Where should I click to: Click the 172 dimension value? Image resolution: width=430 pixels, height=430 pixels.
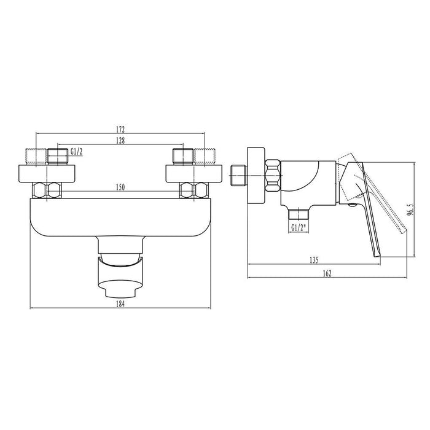120,130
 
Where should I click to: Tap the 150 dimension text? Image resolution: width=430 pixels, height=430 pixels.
120,187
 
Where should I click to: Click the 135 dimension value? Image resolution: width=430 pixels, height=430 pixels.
314,259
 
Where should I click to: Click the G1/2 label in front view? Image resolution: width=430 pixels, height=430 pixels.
77,151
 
